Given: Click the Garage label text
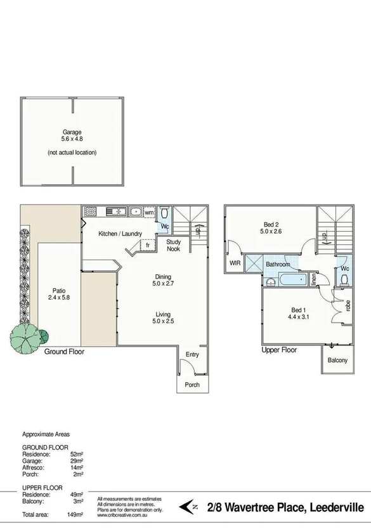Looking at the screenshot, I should [72, 132].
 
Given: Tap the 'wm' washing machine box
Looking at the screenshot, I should [149, 212].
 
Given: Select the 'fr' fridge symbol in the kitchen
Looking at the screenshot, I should [146, 245].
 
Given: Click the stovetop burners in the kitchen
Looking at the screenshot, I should [89, 211].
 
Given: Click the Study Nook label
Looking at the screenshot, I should [173, 245].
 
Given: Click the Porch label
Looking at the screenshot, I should [192, 385].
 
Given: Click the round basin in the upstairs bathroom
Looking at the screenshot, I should [271, 281].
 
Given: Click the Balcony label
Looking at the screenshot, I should [337, 360].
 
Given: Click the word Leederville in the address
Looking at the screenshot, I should [337, 507].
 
